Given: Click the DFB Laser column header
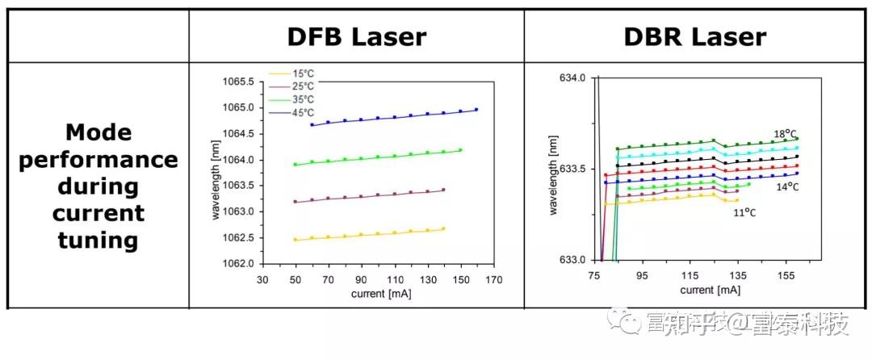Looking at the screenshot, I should point(356,36).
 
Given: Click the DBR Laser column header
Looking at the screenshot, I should point(694,36).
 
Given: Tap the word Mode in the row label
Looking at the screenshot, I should point(98,132).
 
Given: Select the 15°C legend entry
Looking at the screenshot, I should point(303,73).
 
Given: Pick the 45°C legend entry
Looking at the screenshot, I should point(303,112).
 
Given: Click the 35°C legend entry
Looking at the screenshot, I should point(303,99).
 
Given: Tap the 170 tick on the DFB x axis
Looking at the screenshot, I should point(493,279).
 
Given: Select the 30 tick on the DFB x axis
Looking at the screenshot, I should point(262,279).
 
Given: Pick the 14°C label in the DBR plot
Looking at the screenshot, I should point(787,187).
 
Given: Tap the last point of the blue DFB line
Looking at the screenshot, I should point(476,110).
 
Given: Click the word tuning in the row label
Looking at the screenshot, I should point(98,241).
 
